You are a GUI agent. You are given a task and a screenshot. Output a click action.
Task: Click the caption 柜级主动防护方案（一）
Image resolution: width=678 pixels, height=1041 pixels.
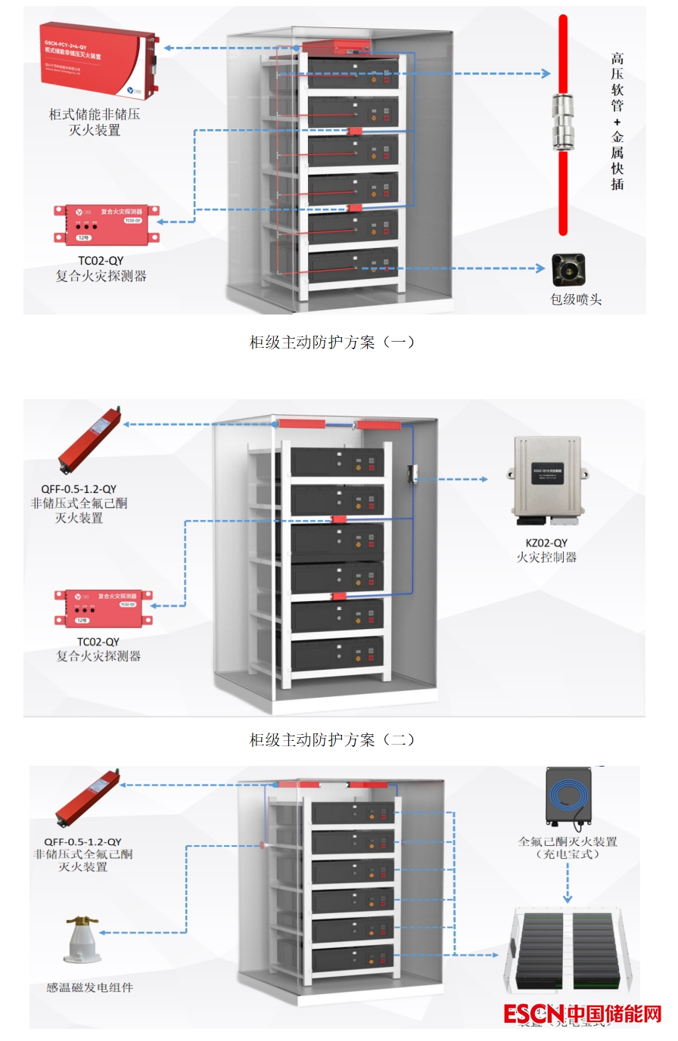click(x=332, y=342)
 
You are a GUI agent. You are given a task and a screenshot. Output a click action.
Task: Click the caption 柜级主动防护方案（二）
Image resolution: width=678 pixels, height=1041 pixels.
click(x=332, y=740)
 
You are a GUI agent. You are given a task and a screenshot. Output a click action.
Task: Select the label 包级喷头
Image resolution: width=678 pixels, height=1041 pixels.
click(x=575, y=299)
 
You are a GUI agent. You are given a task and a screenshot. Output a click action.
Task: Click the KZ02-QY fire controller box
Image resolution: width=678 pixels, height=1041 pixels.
click(x=547, y=479)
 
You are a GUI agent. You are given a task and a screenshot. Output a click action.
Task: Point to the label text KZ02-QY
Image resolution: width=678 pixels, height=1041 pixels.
click(x=546, y=543)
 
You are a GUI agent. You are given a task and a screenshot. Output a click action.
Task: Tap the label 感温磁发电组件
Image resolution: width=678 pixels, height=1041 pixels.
click(x=89, y=987)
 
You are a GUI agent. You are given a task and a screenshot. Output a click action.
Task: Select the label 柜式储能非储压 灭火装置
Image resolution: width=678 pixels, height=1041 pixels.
click(x=95, y=122)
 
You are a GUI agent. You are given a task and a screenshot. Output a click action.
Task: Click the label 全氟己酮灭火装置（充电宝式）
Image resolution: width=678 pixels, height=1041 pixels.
click(x=568, y=847)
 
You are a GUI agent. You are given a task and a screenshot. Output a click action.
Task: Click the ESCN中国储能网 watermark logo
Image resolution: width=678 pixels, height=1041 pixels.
click(x=582, y=1013)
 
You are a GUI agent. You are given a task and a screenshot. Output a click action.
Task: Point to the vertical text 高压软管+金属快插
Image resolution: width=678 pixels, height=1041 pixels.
click(x=617, y=121)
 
